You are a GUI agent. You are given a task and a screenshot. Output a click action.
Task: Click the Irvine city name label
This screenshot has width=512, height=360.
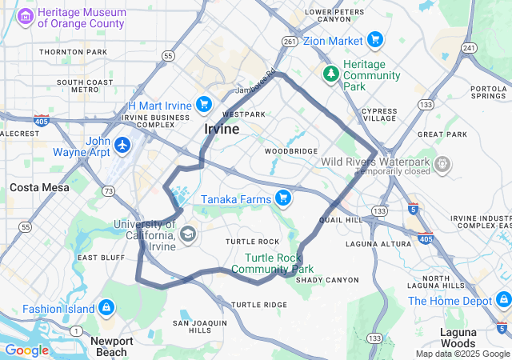(x=222, y=129)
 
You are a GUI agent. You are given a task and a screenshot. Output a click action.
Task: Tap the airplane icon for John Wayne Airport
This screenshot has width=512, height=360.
(x=122, y=145)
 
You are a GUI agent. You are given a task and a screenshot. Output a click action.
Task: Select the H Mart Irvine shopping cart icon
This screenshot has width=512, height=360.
(x=204, y=104)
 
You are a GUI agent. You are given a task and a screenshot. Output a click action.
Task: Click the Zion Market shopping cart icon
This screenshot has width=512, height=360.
(x=374, y=40)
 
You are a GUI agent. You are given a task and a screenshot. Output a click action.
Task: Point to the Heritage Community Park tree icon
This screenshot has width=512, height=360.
(x=330, y=73)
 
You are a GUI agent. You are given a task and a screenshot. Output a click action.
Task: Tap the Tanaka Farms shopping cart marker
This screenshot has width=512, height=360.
(x=282, y=198)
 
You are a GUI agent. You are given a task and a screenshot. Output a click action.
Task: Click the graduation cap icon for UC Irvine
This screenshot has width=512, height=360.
(x=188, y=234)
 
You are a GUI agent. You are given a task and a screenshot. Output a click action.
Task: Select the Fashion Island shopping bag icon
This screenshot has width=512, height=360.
(x=106, y=308)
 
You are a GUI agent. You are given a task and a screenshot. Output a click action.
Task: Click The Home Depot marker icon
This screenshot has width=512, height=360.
(x=503, y=300)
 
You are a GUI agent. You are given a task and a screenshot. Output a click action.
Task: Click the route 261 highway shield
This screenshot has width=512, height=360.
(x=290, y=41)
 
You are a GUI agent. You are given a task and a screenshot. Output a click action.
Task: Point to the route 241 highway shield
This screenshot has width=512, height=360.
(x=470, y=49)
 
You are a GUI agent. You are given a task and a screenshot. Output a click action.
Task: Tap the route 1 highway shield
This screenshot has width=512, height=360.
(x=75, y=330)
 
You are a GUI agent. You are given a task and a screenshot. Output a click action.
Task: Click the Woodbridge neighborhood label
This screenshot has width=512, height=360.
(x=292, y=150)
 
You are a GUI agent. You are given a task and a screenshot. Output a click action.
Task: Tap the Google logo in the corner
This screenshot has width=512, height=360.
(x=26, y=350)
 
